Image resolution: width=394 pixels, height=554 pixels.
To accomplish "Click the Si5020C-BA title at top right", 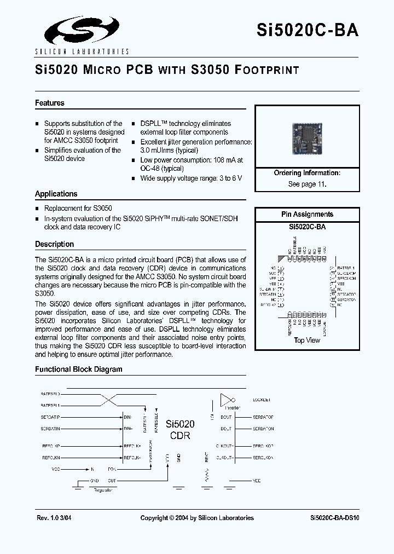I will tap(308, 30).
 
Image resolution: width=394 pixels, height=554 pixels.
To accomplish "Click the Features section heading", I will tap(50, 103).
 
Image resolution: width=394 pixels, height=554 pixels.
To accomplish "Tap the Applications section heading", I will tap(56, 194).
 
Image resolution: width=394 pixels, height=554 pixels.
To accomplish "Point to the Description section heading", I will tap(55, 244).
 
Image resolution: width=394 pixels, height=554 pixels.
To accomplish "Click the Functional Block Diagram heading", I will tap(79, 369).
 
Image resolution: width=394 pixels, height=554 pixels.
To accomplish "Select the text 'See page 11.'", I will tap(307, 184).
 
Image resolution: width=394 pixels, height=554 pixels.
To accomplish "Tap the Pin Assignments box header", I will tap(307, 215).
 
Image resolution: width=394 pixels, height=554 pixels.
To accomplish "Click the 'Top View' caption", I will tap(307, 340).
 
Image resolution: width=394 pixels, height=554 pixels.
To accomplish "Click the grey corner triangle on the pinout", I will tap(282, 259).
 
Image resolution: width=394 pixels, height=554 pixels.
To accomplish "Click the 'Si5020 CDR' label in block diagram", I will tap(181, 430).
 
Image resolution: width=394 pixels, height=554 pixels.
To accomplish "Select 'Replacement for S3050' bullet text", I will tap(78, 209).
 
